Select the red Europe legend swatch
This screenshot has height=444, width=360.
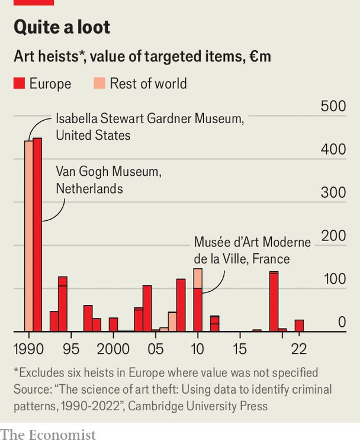(x=20, y=84)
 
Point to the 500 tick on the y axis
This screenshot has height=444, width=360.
(x=333, y=107)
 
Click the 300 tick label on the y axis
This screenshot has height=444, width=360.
(x=333, y=193)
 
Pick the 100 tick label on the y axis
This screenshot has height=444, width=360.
(x=333, y=279)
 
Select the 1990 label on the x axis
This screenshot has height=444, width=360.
(x=27, y=348)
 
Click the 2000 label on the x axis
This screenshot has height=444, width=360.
(x=113, y=348)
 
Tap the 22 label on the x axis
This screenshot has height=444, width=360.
(x=299, y=348)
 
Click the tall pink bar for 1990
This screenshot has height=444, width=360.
(x=28, y=237)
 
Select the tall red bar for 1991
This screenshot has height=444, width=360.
(x=37, y=237)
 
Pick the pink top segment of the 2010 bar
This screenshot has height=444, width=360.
(x=198, y=278)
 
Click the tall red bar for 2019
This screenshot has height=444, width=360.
(x=274, y=302)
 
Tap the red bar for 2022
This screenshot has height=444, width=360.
(x=299, y=326)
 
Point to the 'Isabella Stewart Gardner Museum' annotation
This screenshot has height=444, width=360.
(x=149, y=127)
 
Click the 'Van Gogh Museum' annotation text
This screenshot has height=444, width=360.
(x=108, y=181)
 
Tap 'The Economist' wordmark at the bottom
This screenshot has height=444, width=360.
(x=48, y=435)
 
